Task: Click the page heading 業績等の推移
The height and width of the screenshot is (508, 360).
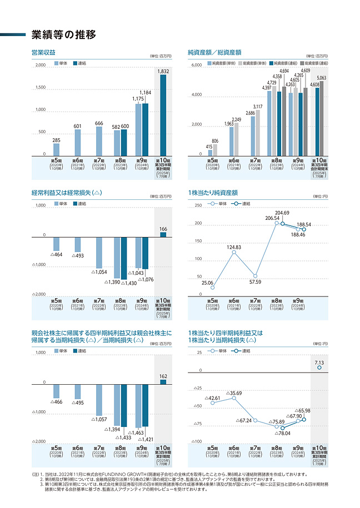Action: click(64, 34)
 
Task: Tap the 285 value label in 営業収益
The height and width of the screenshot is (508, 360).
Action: click(56, 140)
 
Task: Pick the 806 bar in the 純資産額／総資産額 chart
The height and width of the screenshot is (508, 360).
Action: click(215, 150)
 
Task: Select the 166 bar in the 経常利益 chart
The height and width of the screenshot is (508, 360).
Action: click(163, 235)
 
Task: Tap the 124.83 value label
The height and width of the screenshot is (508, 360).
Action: click(234, 247)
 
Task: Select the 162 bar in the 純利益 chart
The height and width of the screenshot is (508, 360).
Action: click(163, 380)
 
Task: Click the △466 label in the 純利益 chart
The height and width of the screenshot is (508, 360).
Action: click(56, 401)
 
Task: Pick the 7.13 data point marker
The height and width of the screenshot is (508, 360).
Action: click(319, 368)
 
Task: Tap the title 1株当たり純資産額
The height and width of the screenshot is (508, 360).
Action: click(213, 193)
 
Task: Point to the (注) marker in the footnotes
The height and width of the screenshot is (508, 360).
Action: click(37, 474)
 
